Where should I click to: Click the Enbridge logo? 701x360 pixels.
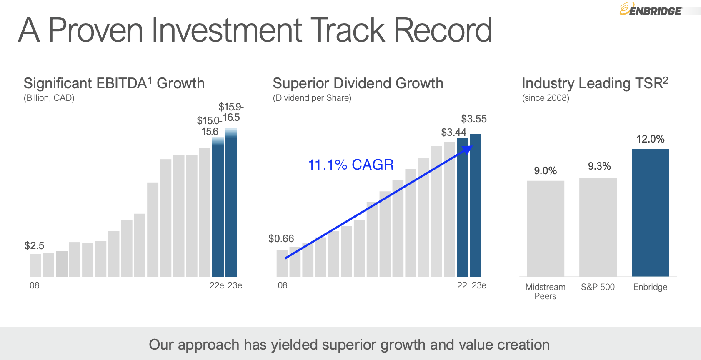pyautogui.click(x=651, y=10)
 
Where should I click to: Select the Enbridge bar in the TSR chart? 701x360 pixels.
pyautogui.click(x=650, y=212)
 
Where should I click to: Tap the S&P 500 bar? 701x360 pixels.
pyautogui.click(x=598, y=227)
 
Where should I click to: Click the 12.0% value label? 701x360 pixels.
pyautogui.click(x=650, y=139)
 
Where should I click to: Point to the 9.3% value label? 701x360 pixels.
pyautogui.click(x=599, y=166)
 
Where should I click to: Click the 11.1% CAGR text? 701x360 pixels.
pyautogui.click(x=350, y=165)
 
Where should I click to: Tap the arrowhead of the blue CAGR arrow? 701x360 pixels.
pyautogui.click(x=469, y=148)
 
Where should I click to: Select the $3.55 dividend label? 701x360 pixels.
pyautogui.click(x=474, y=119)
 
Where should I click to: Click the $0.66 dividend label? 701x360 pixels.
pyautogui.click(x=281, y=239)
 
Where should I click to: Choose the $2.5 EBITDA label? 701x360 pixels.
pyautogui.click(x=34, y=246)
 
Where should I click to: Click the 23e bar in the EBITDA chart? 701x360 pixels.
pyautogui.click(x=231, y=204)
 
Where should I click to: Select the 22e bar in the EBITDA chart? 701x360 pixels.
pyautogui.click(x=218, y=208)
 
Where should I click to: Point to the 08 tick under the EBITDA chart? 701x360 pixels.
pyautogui.click(x=35, y=285)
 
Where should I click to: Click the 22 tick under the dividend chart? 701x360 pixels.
pyautogui.click(x=462, y=285)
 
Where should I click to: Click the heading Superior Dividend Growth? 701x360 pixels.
pyautogui.click(x=358, y=83)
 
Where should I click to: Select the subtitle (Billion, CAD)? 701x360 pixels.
pyautogui.click(x=49, y=98)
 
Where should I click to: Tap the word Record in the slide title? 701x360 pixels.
pyautogui.click(x=443, y=30)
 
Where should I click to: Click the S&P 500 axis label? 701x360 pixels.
pyautogui.click(x=598, y=287)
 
